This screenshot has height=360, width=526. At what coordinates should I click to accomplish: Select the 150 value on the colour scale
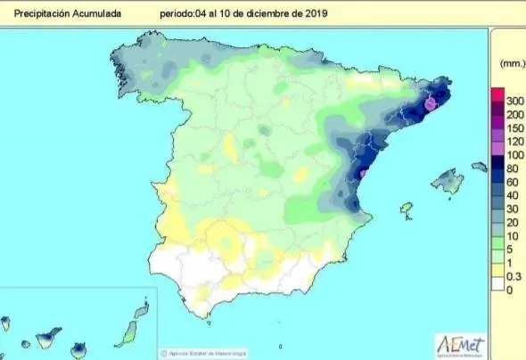[513, 128]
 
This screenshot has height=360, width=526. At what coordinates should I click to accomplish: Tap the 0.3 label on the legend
[512, 277]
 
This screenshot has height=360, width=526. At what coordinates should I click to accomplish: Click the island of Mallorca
[447, 182]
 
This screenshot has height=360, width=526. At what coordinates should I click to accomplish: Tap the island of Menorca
[480, 167]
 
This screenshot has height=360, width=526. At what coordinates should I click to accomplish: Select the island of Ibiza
[407, 210]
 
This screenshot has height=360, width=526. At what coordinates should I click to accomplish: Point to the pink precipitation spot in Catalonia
[430, 103]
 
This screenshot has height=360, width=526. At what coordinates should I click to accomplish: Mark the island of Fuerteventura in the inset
[127, 333]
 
